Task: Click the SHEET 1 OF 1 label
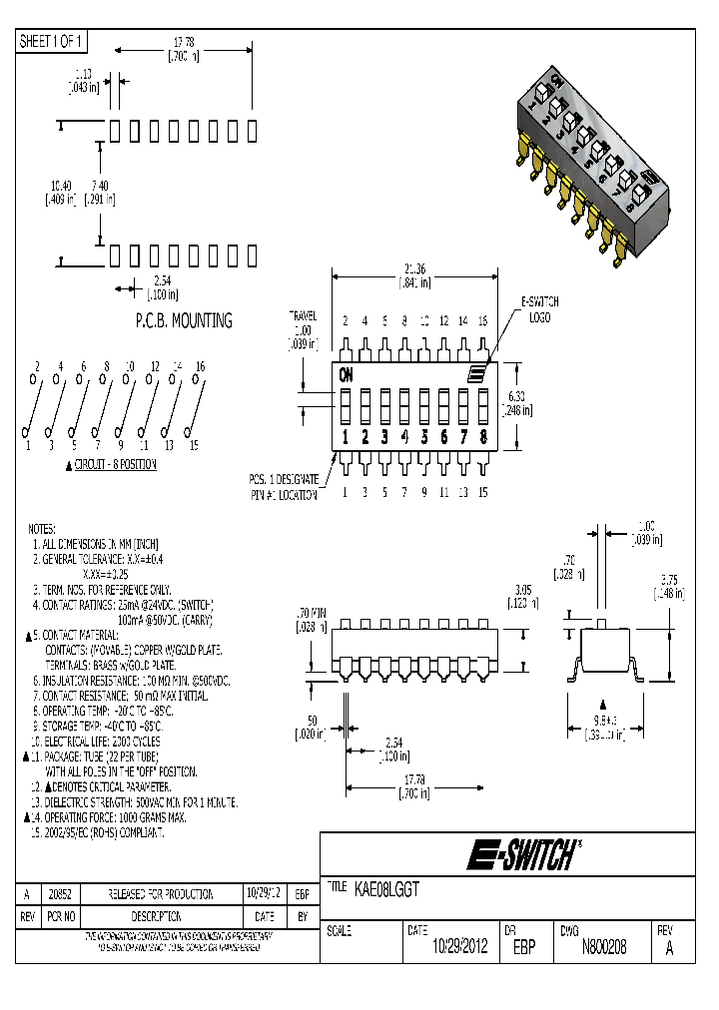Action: click(x=53, y=41)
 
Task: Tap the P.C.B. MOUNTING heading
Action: click(x=183, y=320)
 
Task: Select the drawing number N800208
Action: click(x=603, y=947)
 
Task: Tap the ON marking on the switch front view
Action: click(x=347, y=375)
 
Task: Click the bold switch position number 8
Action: click(x=483, y=436)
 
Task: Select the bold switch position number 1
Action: click(x=346, y=436)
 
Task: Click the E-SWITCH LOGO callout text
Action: click(x=540, y=308)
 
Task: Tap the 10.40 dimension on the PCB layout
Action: click(x=60, y=185)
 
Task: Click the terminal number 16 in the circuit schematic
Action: click(x=200, y=366)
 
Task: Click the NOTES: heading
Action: click(x=42, y=528)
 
